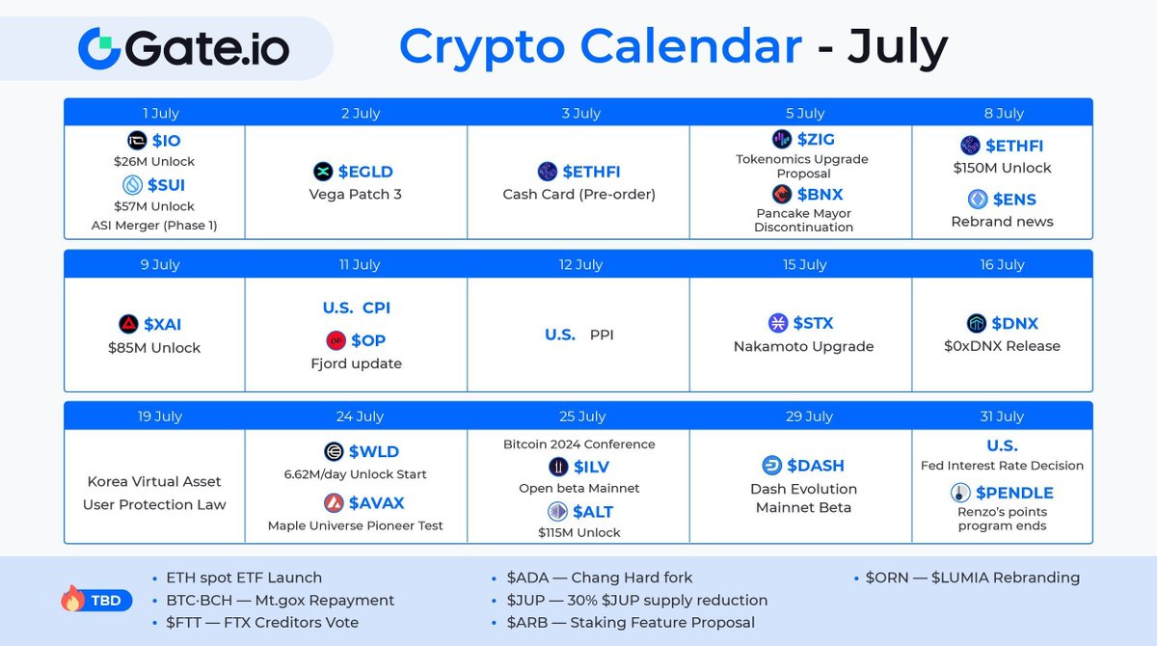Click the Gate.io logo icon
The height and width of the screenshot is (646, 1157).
(98, 47)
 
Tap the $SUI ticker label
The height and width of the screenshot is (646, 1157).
(166, 185)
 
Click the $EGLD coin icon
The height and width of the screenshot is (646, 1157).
(323, 172)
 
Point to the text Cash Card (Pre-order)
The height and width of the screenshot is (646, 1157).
(578, 194)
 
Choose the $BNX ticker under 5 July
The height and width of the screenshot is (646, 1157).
(816, 194)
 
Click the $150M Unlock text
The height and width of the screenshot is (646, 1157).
(1002, 168)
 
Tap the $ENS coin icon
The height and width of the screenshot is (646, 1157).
(977, 200)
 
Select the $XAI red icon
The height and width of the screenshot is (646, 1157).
(127, 324)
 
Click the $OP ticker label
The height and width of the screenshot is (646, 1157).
(368, 340)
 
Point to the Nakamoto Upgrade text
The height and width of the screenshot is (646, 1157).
(803, 346)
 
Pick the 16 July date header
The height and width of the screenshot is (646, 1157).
(1002, 264)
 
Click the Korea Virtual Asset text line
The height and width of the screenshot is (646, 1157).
(154, 481)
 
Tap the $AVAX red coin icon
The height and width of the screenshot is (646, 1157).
(333, 503)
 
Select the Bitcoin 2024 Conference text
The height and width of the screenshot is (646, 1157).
(578, 444)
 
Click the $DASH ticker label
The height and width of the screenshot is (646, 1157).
(816, 466)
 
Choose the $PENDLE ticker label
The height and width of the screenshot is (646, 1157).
(1014, 493)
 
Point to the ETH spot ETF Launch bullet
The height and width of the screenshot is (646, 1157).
(244, 578)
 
